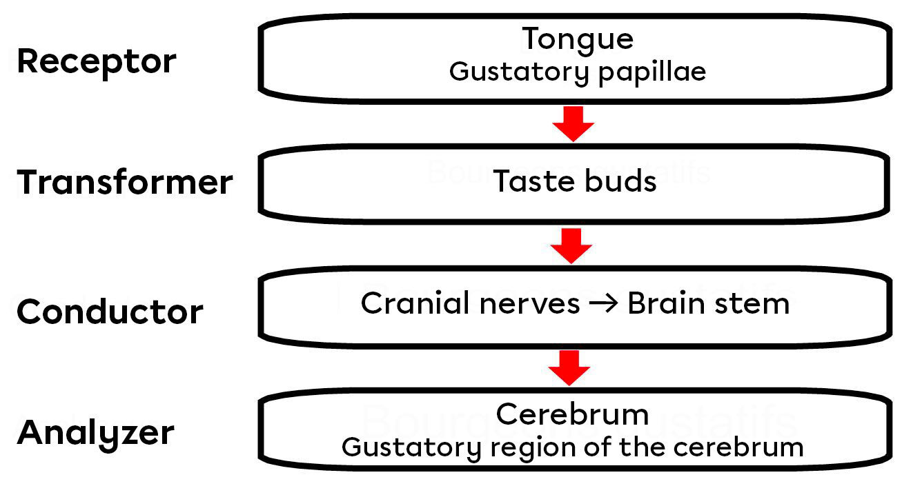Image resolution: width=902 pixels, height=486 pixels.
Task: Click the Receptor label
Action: coord(97,62)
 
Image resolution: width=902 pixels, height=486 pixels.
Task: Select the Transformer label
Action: coord(125,183)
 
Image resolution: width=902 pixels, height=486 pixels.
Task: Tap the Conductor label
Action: coord(110,312)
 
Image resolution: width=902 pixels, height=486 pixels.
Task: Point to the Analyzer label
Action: coord(96,433)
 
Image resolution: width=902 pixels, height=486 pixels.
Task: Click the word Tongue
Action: coord(577,39)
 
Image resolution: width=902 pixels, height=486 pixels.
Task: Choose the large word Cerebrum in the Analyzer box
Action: coord(572,414)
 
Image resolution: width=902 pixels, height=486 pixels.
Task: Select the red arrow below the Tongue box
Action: coord(573,124)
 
